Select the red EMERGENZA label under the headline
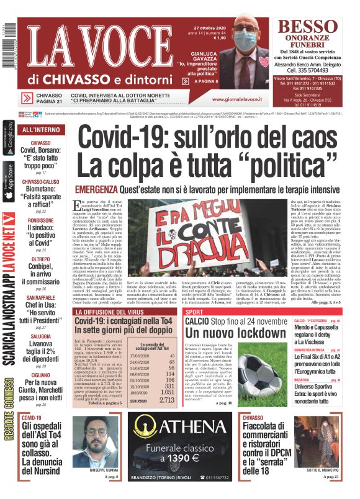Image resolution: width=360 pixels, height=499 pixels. coord(95,189)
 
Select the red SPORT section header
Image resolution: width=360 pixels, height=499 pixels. coord(194,311)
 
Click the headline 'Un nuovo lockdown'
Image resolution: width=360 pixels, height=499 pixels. coord(223,333)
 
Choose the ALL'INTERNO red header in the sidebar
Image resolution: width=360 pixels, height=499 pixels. coord(41,130)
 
